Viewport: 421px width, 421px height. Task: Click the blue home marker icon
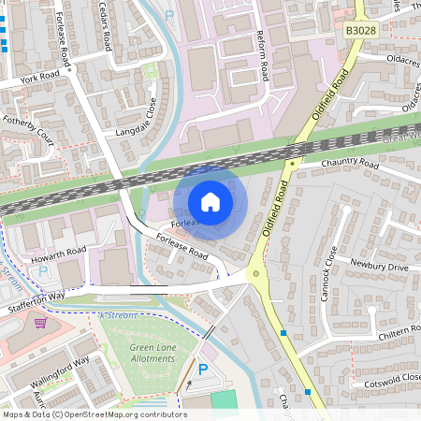click(x=210, y=202)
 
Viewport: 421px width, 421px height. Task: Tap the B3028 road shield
click(x=361, y=31)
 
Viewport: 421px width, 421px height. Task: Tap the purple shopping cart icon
click(x=40, y=323)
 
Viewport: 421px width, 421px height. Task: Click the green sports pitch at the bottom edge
click(x=225, y=400)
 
